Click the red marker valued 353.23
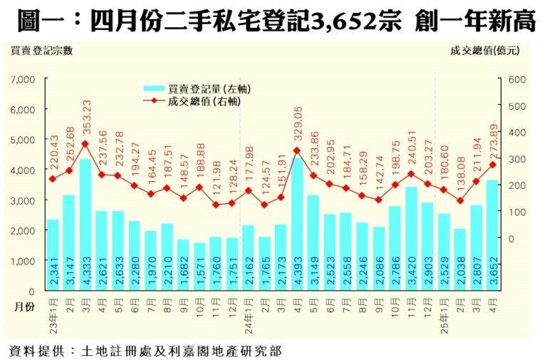[85, 143]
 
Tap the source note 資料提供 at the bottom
[39, 351]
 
